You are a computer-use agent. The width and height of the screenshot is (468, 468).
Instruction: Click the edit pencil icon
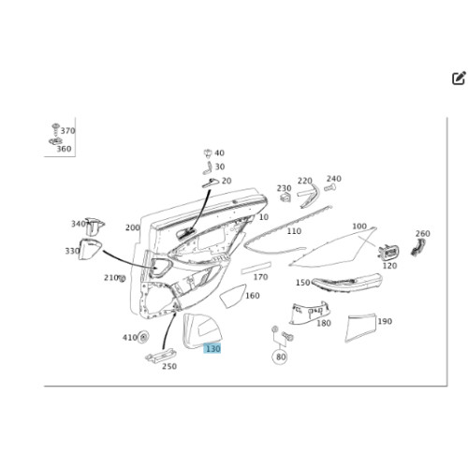(459, 78)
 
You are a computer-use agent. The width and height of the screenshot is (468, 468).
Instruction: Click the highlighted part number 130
(212, 348)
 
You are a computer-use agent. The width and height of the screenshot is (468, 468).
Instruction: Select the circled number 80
(281, 357)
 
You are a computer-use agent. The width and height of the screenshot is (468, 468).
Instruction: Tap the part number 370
(68, 131)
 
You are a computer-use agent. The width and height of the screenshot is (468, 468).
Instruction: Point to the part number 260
(423, 234)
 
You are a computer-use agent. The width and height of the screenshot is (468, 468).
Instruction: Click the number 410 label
(130, 337)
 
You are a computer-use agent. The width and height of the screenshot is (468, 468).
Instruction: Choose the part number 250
(169, 366)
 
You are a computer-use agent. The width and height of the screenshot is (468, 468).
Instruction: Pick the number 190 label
(385, 321)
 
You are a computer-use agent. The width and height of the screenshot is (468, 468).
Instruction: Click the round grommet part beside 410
(143, 337)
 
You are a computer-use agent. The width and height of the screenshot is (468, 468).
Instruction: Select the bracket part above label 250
(160, 356)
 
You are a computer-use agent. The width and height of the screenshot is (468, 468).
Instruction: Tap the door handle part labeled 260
(417, 247)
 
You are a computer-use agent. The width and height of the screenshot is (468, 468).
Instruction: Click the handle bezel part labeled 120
(388, 252)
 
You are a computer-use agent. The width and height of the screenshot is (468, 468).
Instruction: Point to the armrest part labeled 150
(347, 283)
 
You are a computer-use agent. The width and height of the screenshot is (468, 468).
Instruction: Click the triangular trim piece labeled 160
(232, 296)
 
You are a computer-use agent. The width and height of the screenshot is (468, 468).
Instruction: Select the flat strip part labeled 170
(256, 268)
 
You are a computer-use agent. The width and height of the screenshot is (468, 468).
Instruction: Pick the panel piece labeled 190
(359, 328)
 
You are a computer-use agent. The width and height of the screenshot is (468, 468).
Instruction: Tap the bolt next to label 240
(329, 188)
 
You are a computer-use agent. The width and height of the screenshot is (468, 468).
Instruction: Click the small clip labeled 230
(285, 197)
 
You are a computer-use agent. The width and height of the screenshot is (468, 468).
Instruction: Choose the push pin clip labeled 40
(208, 154)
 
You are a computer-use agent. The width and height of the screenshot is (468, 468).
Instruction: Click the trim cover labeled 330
(90, 249)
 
